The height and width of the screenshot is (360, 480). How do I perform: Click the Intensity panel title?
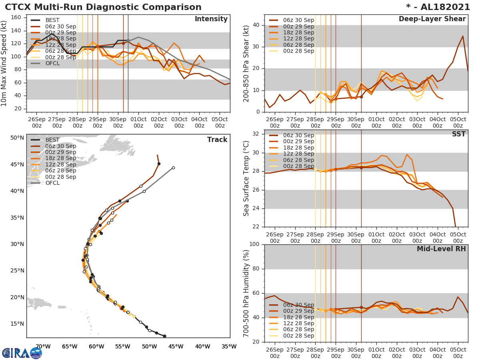(211, 19)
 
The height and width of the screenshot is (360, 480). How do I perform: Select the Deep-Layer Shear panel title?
(432, 19)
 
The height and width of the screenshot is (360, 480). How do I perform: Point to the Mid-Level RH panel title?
(441, 249)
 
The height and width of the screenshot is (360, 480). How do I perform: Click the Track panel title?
(217, 140)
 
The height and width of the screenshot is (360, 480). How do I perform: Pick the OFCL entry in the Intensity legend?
(52, 63)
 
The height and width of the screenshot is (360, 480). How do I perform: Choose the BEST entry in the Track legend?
(52, 140)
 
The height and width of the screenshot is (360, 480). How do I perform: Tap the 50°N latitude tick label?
(17, 138)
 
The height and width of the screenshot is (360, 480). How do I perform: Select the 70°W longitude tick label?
(43, 346)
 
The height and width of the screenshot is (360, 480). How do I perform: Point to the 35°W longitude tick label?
(229, 346)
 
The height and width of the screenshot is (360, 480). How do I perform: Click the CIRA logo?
(22, 353)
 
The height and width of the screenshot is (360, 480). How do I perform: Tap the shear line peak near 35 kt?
(463, 36)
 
